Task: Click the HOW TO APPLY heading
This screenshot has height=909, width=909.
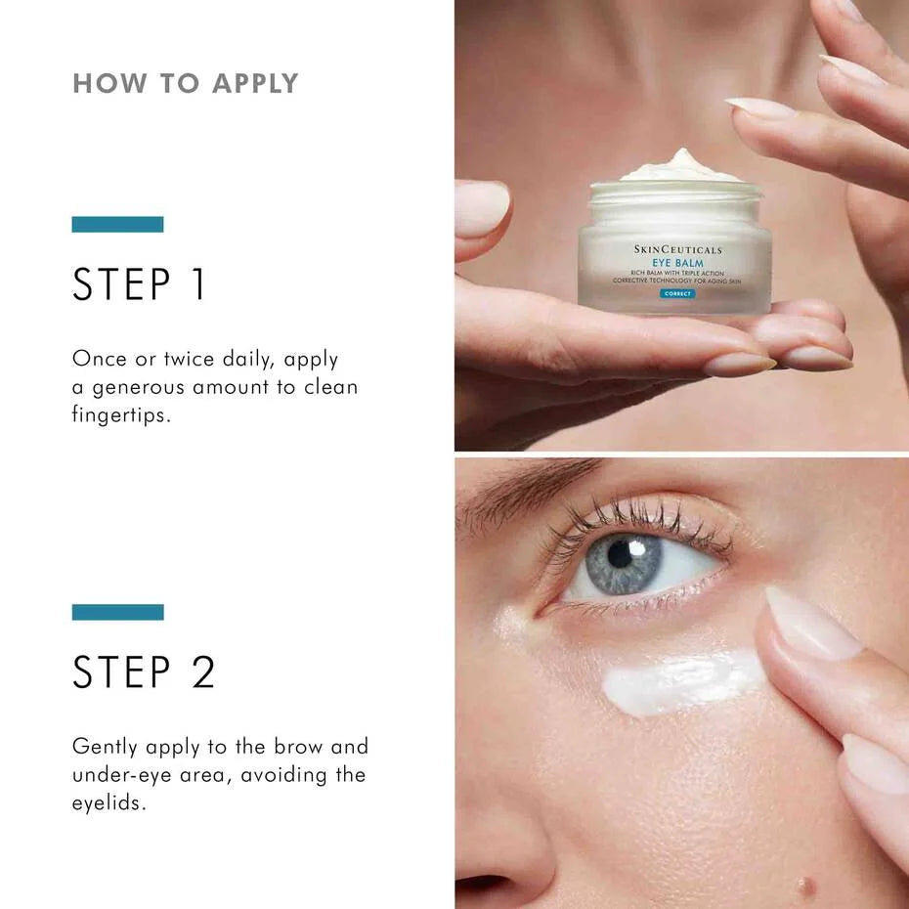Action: coord(185,83)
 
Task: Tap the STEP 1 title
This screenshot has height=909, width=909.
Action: coord(140,284)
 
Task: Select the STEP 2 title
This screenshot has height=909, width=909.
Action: coord(144,672)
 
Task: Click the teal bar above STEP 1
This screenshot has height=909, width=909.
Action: coord(117,224)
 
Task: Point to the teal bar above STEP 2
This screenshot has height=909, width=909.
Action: coord(117,612)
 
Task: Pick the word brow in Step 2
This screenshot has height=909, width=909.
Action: coord(296,747)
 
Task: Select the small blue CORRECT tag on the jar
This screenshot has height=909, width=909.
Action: coord(676,293)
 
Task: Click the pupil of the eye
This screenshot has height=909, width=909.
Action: coord(621,554)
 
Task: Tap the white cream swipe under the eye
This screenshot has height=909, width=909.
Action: coord(679,681)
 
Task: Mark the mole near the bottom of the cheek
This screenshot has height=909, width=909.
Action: coord(805,887)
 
